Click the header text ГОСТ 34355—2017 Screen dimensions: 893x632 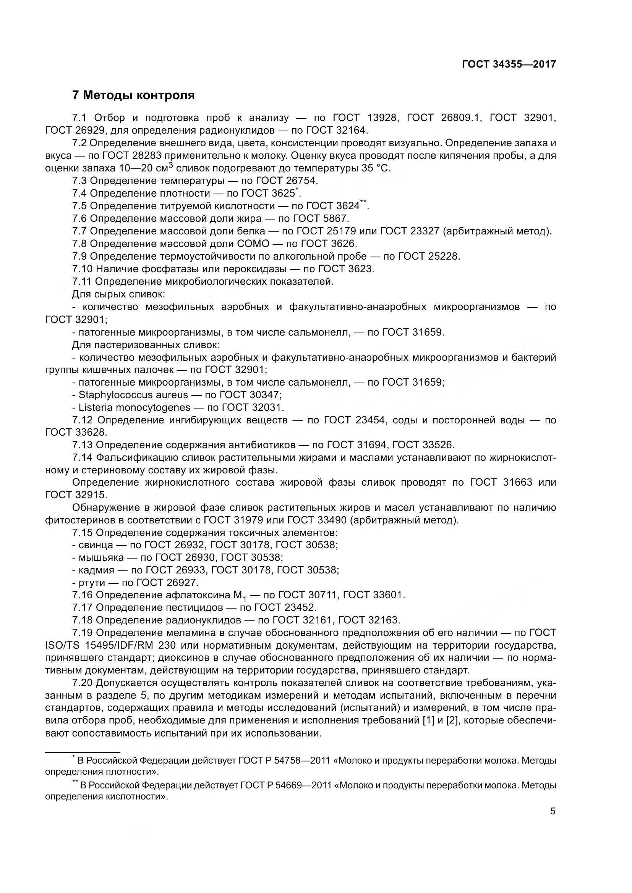tap(509, 64)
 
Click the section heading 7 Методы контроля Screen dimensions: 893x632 tap(133, 95)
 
